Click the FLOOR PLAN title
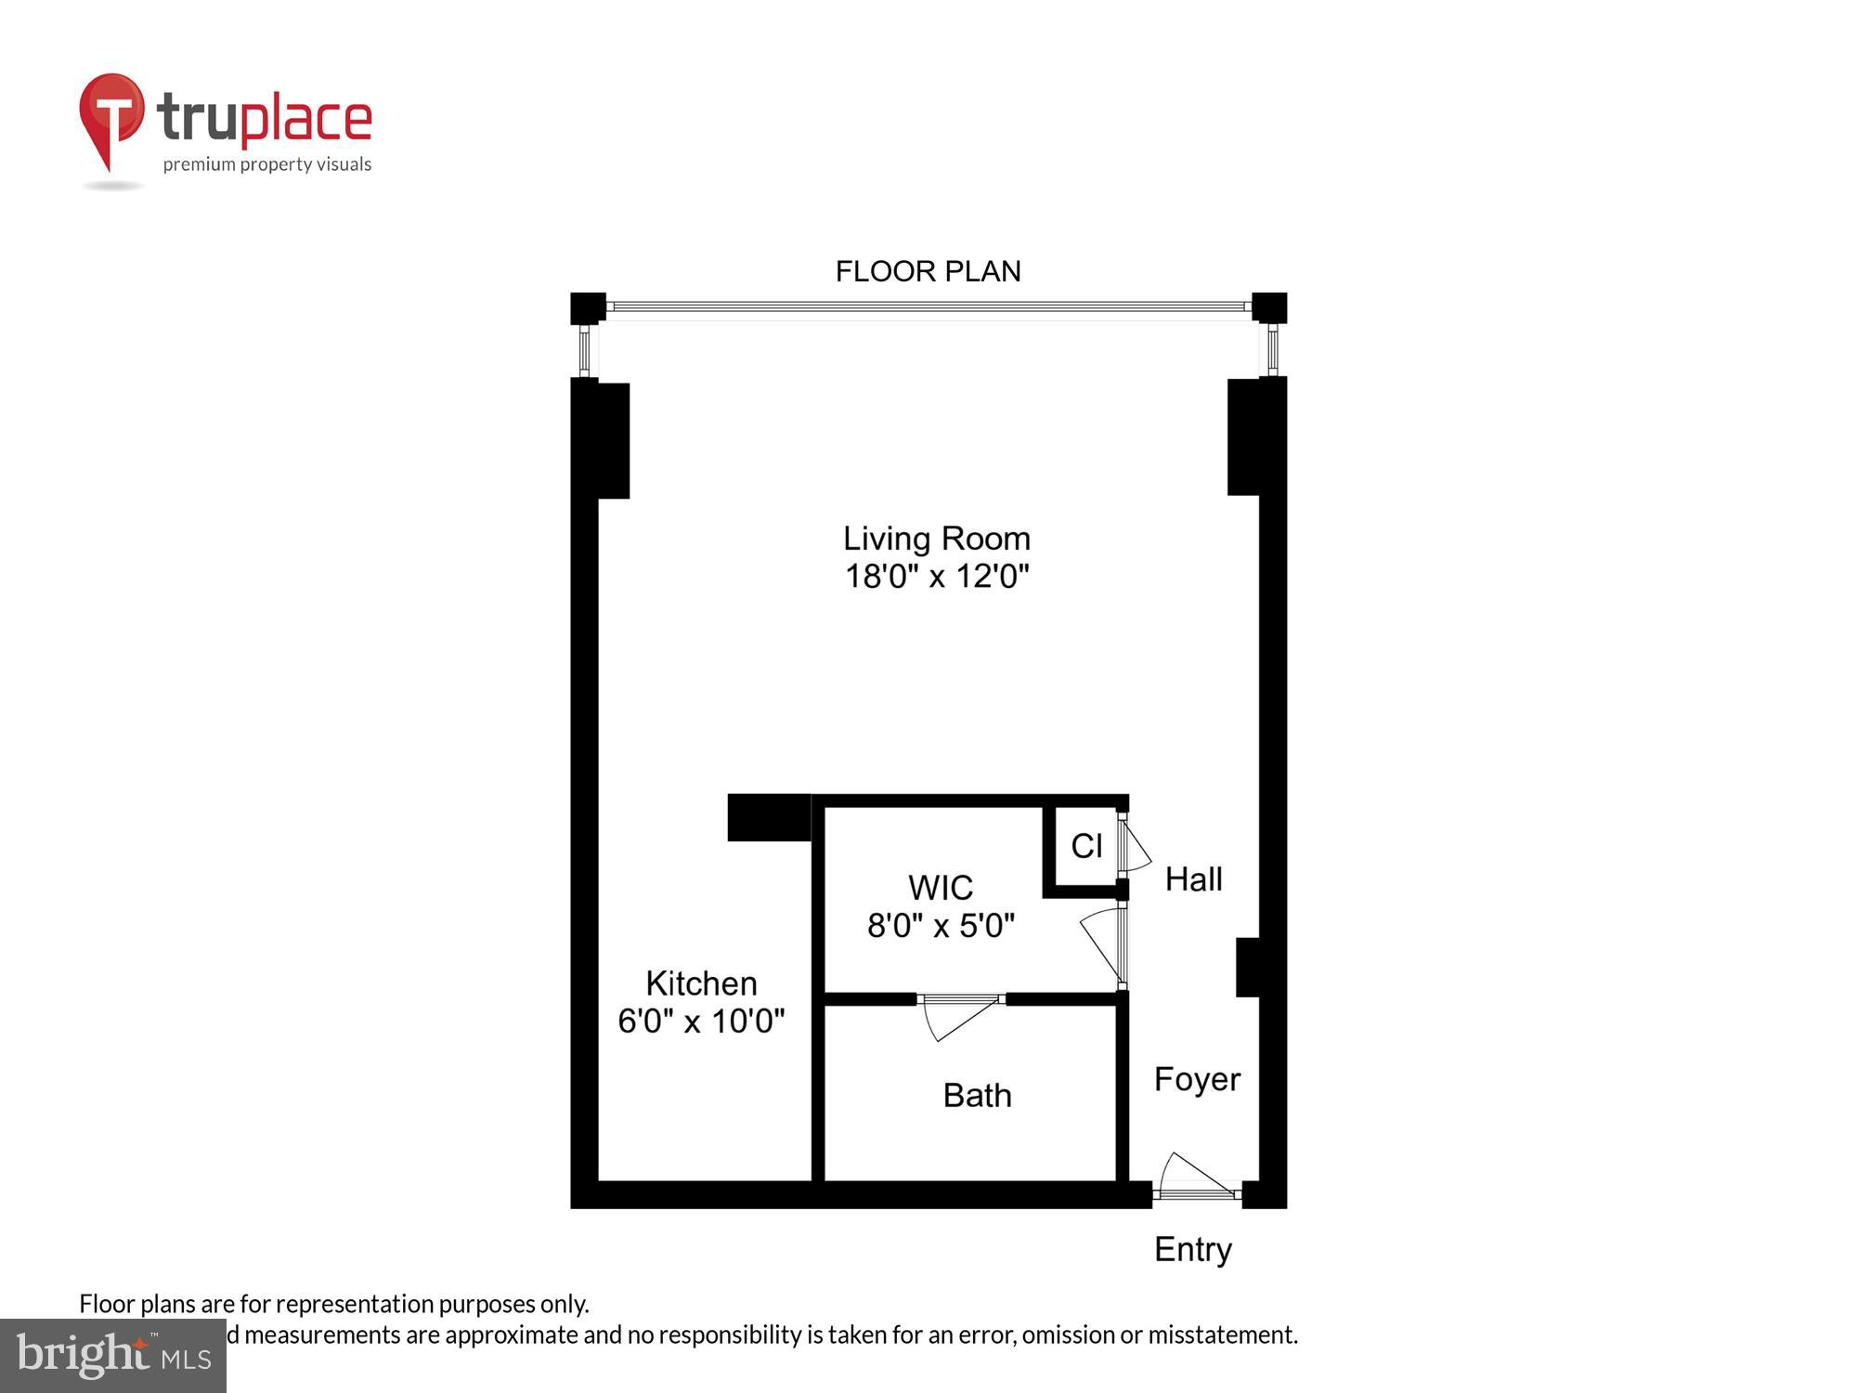click(x=928, y=271)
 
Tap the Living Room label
click(x=936, y=539)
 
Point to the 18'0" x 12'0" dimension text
click(x=936, y=577)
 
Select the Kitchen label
click(x=701, y=983)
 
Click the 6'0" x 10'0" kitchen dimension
click(x=701, y=1022)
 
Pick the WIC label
click(x=940, y=888)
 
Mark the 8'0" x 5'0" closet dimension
click(x=940, y=926)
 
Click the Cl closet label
click(x=1086, y=846)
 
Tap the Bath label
click(x=977, y=1096)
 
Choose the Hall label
click(x=1193, y=879)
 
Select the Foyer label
click(x=1197, y=1079)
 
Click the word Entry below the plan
click(x=1192, y=1250)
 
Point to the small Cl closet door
click(x=1134, y=845)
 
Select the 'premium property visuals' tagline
click(x=267, y=165)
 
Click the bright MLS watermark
click(x=113, y=1356)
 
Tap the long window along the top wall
click(x=928, y=306)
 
